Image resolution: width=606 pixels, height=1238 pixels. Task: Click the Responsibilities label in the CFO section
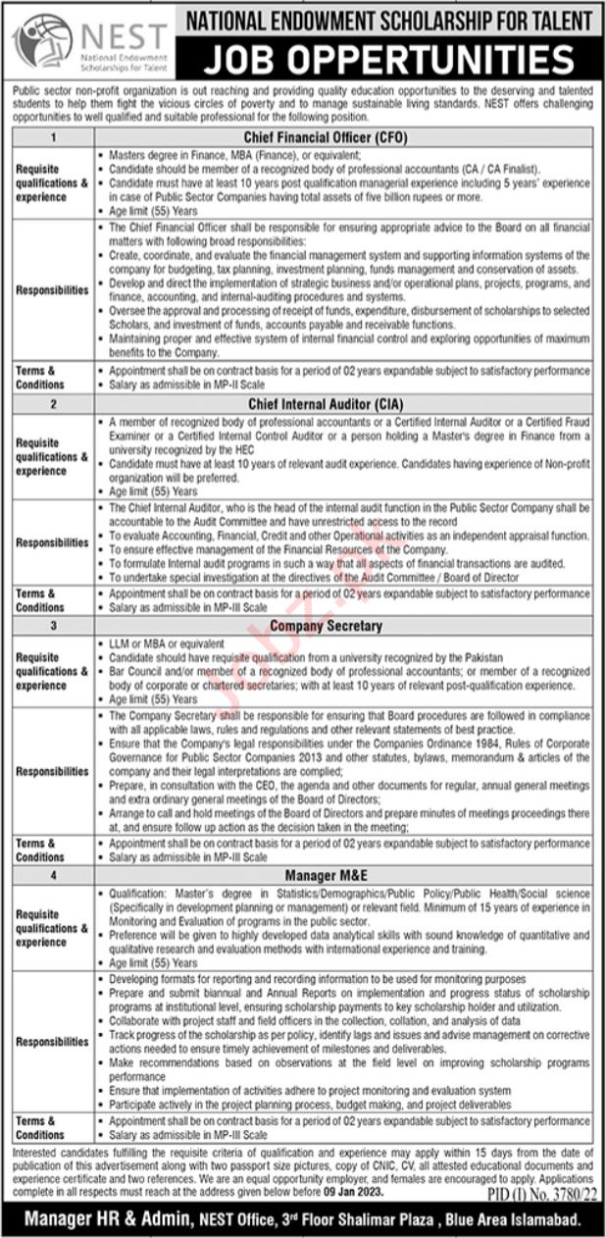point(52,291)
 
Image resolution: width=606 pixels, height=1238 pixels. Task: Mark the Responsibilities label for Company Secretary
point(52,771)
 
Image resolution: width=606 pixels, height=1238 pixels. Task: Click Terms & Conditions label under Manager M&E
point(40,1127)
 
